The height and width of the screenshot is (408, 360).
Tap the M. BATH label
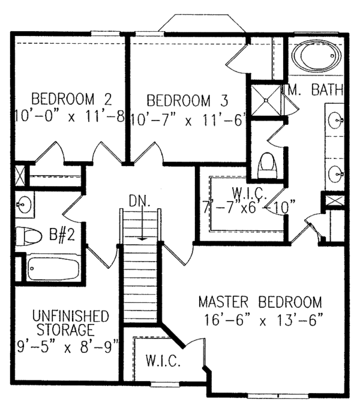[316, 91]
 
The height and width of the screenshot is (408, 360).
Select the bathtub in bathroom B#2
[52, 268]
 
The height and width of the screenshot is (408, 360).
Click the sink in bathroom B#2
[25, 205]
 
